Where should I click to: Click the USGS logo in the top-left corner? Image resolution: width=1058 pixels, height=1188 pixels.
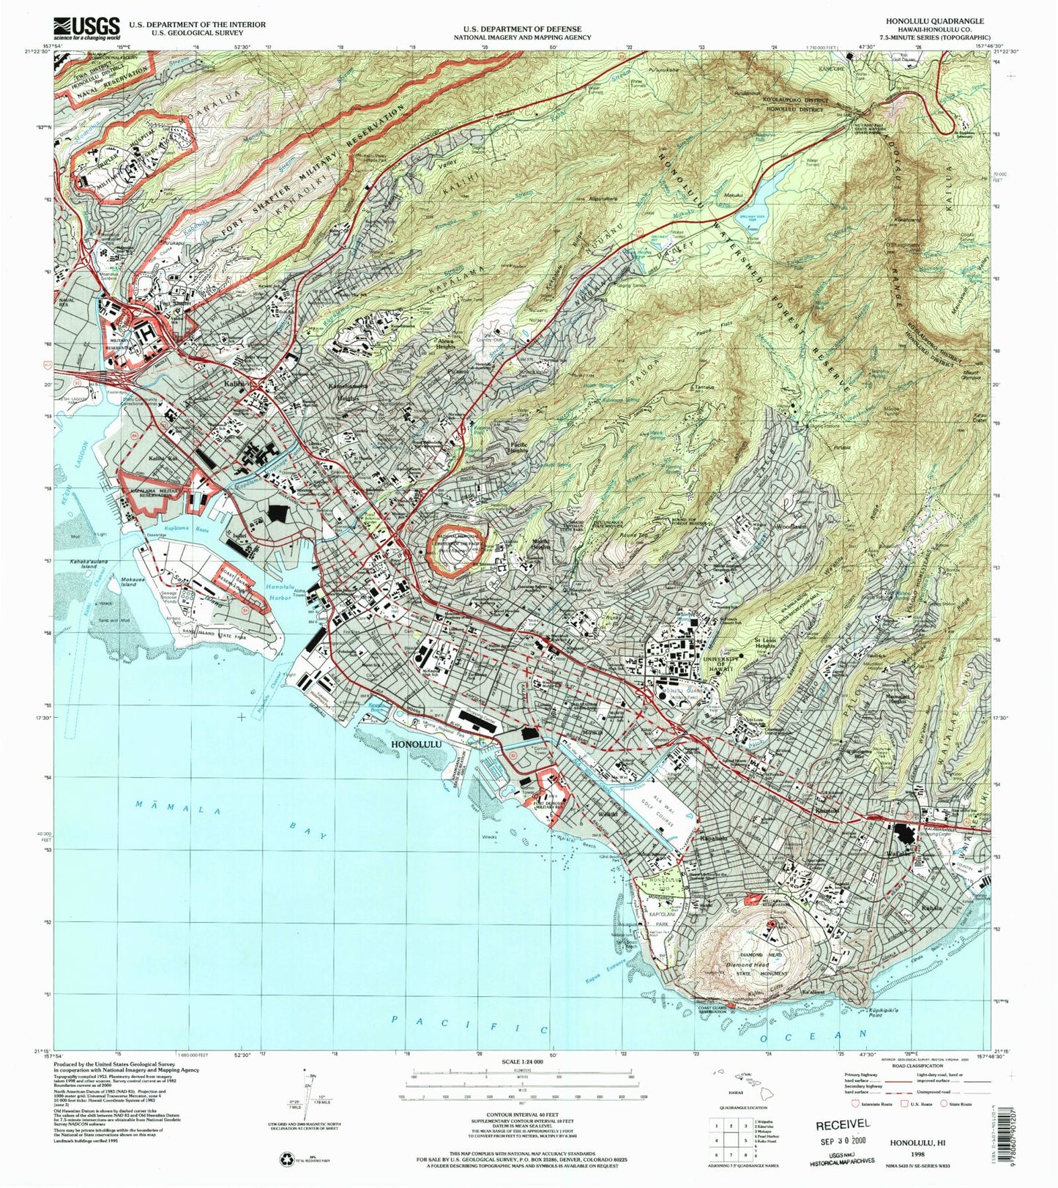86,27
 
